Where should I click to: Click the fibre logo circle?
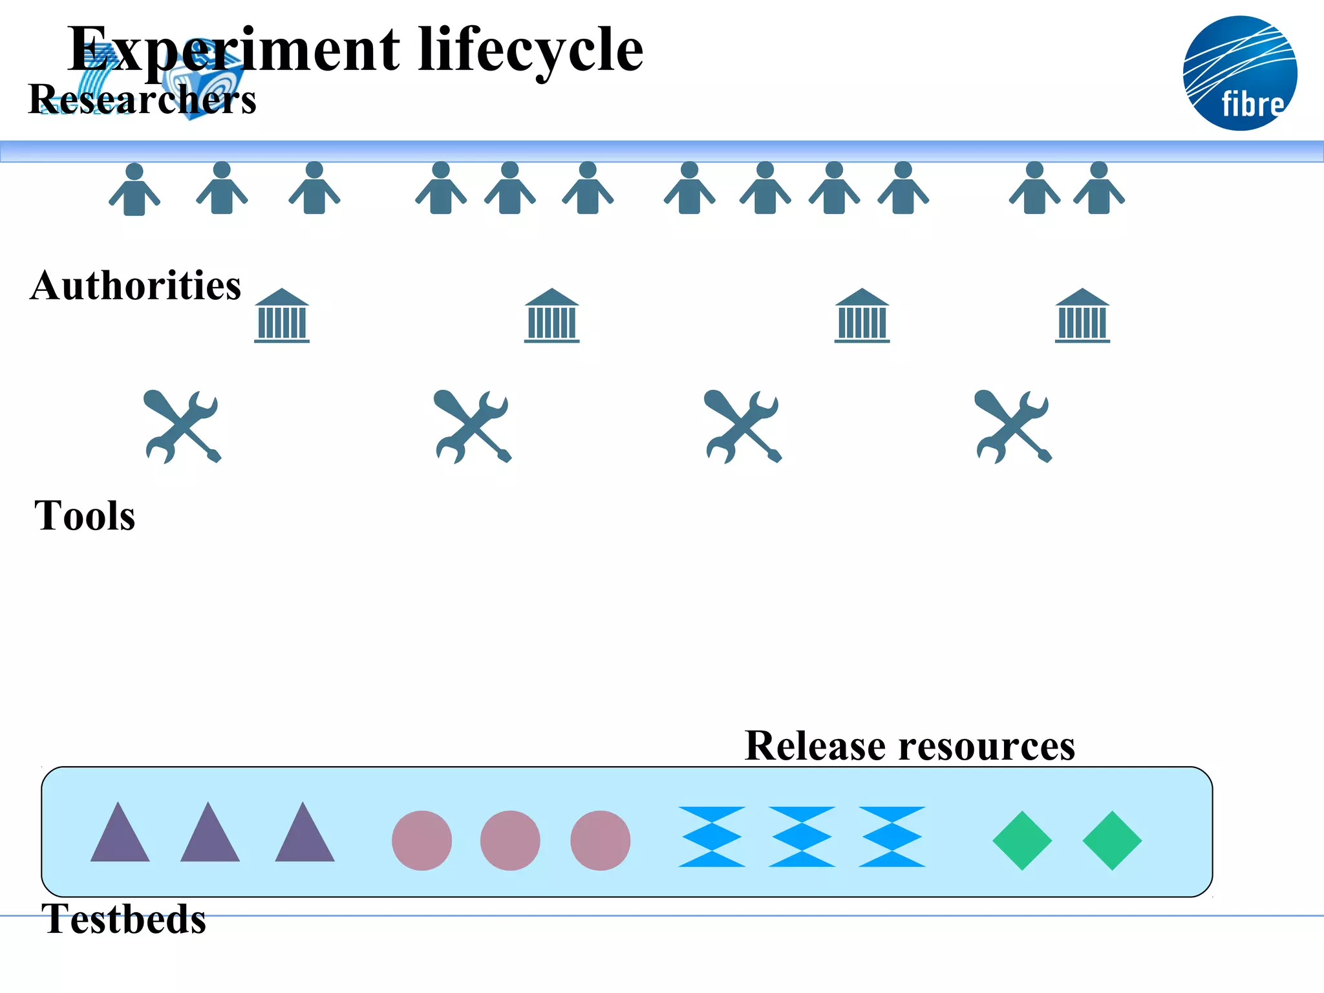click(x=1239, y=73)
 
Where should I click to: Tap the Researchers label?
click(x=142, y=100)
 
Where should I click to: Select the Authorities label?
click(x=135, y=286)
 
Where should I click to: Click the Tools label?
click(x=85, y=516)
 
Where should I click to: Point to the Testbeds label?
click(x=123, y=919)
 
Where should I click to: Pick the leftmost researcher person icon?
click(x=134, y=189)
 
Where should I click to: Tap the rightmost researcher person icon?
click(x=1099, y=188)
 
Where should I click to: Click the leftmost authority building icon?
click(x=282, y=316)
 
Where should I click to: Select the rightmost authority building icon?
click(x=1082, y=316)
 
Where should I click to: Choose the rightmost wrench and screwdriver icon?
click(x=1013, y=427)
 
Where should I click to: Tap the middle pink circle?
click(x=510, y=840)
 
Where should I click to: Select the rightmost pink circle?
click(x=600, y=840)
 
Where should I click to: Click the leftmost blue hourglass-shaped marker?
click(x=711, y=837)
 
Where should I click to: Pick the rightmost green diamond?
click(x=1112, y=840)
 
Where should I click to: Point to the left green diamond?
click(x=1022, y=840)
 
